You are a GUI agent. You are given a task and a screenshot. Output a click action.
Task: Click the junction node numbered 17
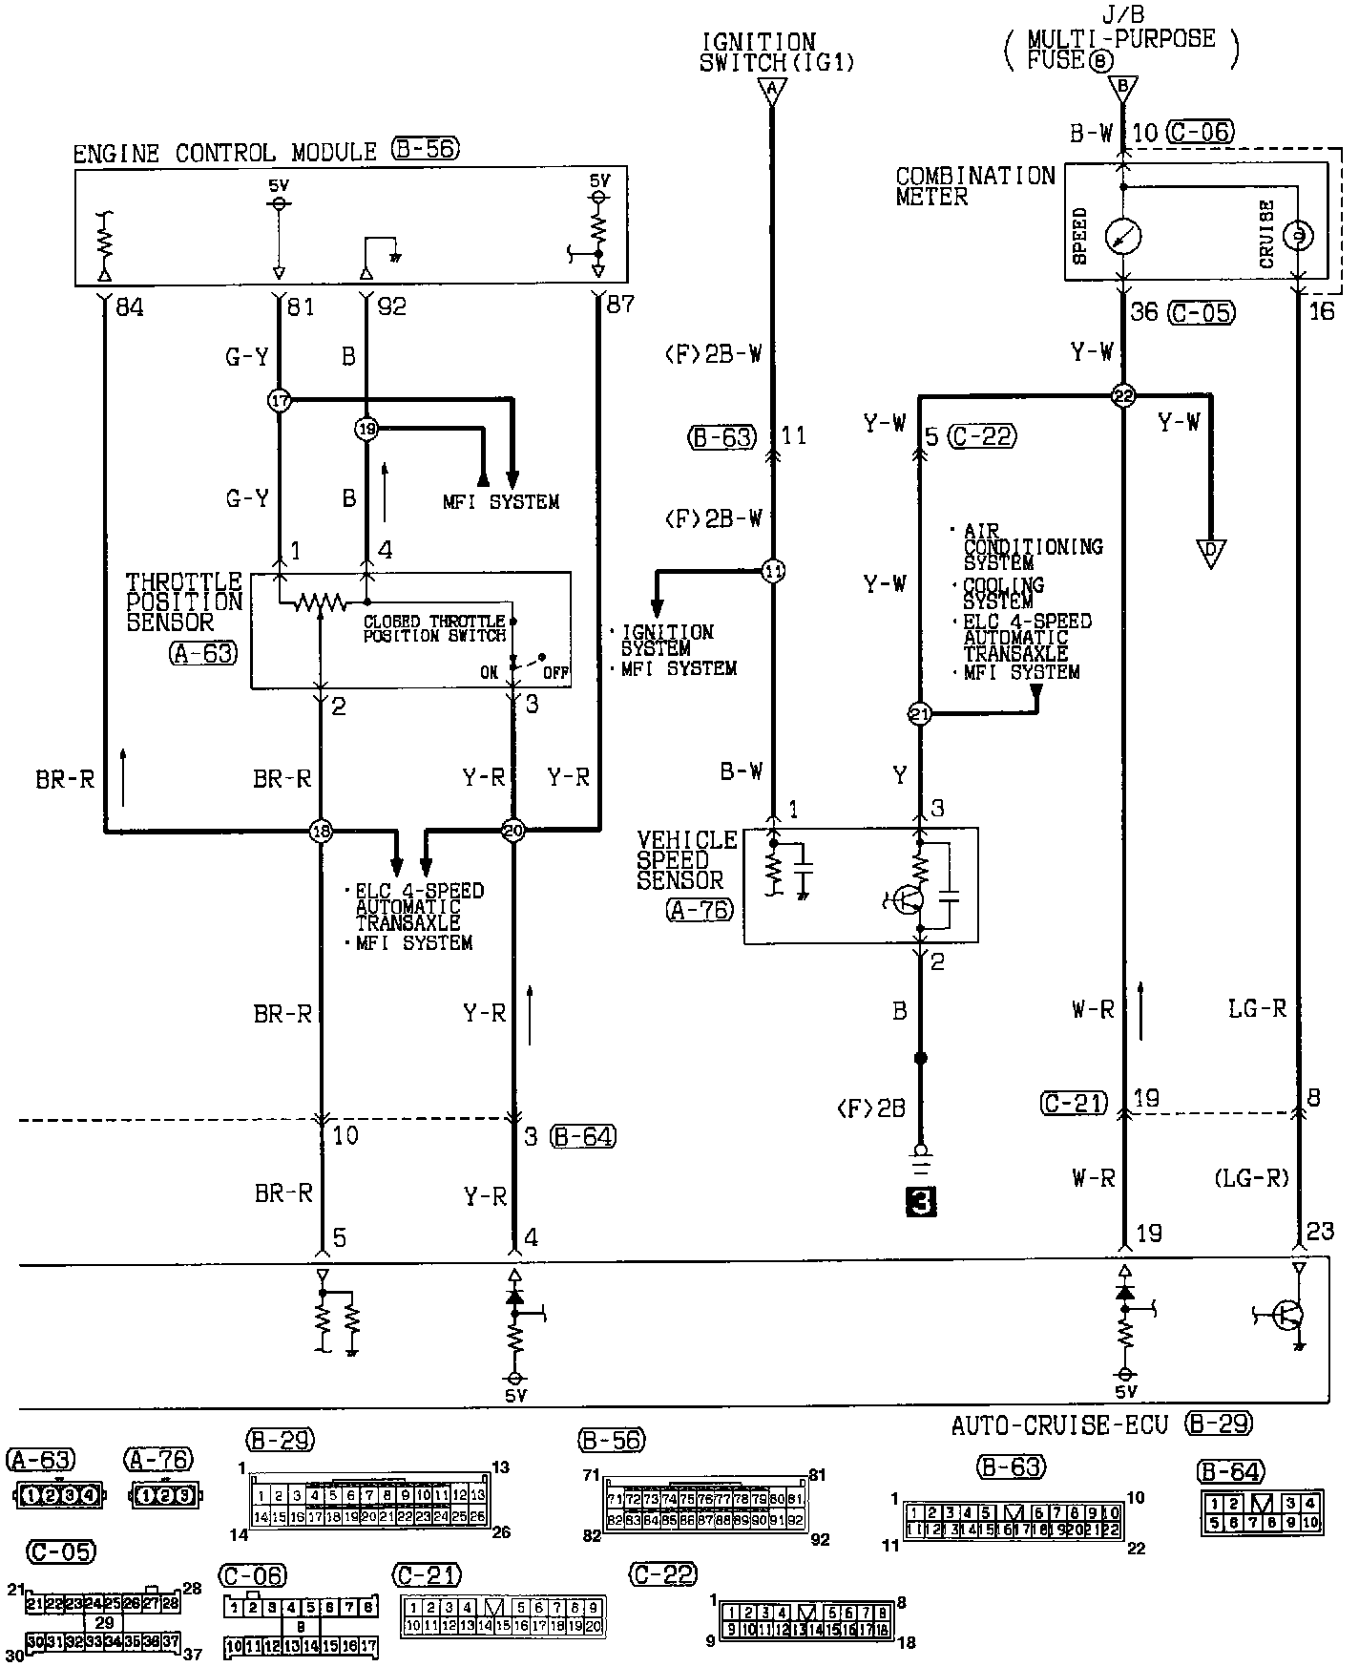click(279, 400)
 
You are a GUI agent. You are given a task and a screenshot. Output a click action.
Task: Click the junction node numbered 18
click(321, 832)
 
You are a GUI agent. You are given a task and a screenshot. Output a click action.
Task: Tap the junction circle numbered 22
click(1123, 396)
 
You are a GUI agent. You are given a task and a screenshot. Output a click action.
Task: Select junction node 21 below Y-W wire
click(918, 713)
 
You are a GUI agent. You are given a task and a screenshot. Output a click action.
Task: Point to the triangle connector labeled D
click(1210, 553)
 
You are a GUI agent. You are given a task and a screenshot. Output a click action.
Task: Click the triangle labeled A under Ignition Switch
click(772, 92)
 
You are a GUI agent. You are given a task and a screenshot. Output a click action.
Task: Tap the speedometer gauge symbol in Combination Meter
click(1122, 236)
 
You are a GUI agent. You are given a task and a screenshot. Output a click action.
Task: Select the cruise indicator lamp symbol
click(1297, 235)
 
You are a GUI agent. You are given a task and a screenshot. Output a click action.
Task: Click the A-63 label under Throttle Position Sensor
click(203, 653)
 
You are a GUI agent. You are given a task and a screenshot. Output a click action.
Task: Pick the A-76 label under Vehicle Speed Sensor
click(700, 910)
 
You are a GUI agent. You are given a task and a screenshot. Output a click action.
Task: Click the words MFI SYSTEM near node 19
click(500, 502)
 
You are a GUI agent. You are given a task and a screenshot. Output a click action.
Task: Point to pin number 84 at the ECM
click(129, 306)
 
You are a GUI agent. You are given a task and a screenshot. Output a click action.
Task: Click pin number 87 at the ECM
click(620, 305)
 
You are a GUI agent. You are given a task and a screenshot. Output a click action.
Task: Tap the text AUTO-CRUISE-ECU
click(1058, 1425)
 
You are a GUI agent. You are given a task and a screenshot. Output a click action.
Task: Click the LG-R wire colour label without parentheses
click(1257, 1008)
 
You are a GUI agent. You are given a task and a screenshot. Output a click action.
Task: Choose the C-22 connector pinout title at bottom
click(664, 1574)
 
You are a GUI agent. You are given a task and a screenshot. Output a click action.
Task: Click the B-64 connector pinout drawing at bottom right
click(1261, 1514)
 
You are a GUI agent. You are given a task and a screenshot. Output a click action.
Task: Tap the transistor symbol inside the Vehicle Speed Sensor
click(909, 899)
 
